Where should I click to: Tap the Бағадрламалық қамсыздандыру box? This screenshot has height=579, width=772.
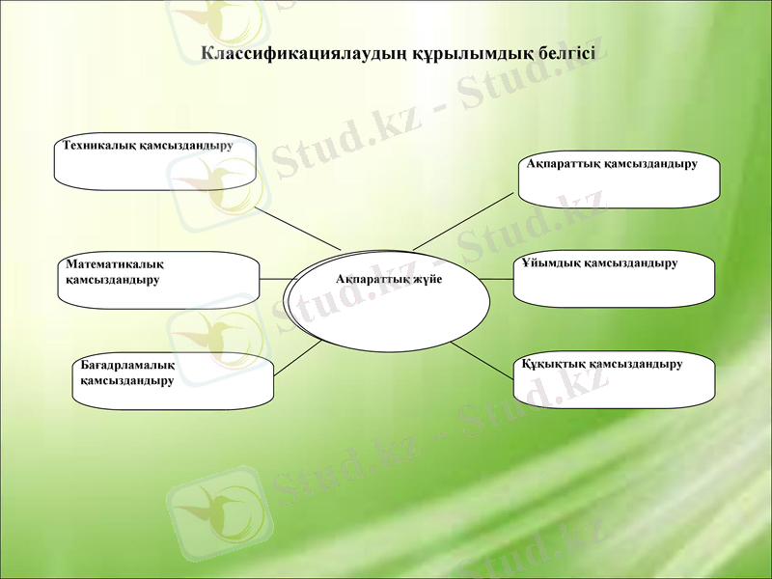(x=171, y=382)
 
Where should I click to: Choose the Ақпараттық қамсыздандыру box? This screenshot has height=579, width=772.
(x=619, y=179)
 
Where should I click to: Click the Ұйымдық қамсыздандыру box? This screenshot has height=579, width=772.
(x=614, y=280)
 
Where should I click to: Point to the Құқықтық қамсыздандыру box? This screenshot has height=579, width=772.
(x=615, y=379)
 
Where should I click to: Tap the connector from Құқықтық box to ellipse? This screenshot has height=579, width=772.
(x=482, y=359)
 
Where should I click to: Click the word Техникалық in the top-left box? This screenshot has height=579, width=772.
(x=94, y=146)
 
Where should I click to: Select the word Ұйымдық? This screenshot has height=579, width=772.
(x=550, y=262)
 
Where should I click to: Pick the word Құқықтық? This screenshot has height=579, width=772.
(x=552, y=364)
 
